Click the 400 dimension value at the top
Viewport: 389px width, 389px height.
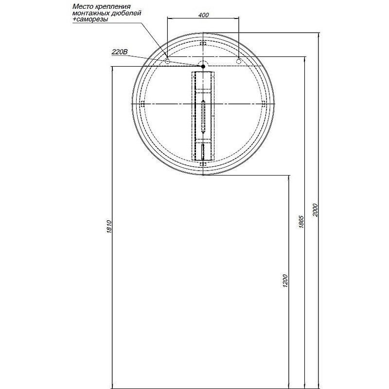tap(203, 15)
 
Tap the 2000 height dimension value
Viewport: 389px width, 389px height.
tap(315, 210)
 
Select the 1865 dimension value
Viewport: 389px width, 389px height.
tap(301, 222)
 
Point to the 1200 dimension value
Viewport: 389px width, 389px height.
tap(285, 281)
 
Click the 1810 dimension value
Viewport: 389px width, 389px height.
tap(109, 227)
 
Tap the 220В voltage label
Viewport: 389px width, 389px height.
tap(120, 52)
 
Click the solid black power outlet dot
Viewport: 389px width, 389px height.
tap(203, 66)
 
